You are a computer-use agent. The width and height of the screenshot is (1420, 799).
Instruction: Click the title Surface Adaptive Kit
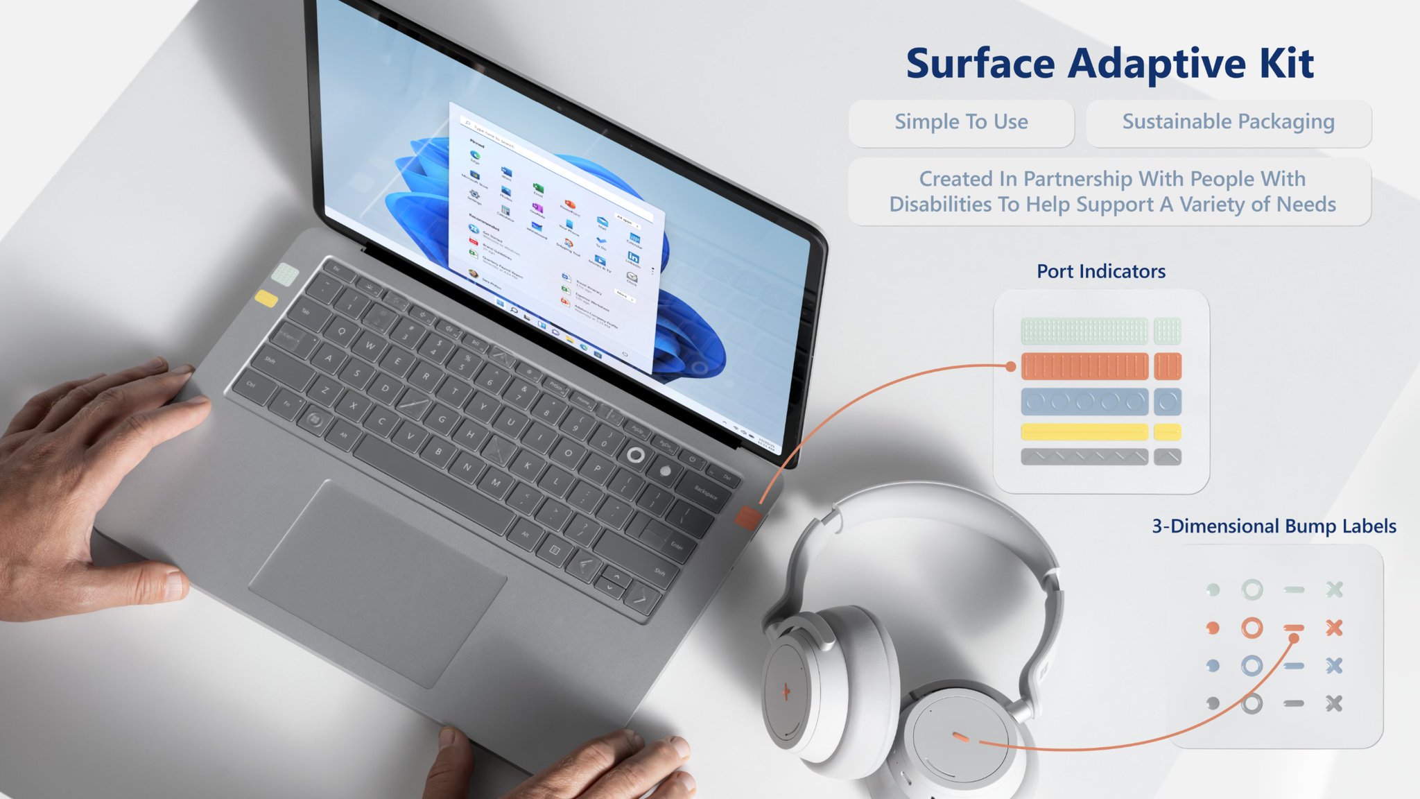[1109, 64]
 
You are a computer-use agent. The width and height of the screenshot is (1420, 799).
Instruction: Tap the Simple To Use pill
[961, 122]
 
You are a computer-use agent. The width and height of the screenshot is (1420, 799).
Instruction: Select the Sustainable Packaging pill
[1228, 122]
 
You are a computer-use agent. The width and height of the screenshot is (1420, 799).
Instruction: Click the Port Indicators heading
[1101, 271]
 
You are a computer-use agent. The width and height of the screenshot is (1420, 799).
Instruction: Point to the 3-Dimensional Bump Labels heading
[1274, 526]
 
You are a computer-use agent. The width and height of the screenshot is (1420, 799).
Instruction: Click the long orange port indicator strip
[1084, 366]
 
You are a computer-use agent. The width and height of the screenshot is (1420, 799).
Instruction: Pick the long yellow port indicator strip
[1084, 432]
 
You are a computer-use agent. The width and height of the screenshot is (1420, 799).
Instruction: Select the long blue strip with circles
[1084, 402]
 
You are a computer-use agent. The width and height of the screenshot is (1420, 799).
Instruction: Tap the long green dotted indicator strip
[1084, 331]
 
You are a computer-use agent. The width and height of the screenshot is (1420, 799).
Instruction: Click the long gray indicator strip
[1084, 457]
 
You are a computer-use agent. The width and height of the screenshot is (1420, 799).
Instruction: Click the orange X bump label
[1334, 628]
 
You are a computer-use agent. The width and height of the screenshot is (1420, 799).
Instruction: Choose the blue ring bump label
[1252, 666]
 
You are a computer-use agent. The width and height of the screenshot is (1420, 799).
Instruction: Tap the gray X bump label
[1334, 704]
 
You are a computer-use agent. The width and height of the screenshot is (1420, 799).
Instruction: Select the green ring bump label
[1252, 590]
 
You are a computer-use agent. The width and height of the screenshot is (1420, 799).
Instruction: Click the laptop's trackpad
[378, 583]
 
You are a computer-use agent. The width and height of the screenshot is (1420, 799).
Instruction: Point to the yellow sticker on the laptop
[266, 299]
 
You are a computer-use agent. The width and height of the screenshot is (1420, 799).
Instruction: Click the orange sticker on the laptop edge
[747, 517]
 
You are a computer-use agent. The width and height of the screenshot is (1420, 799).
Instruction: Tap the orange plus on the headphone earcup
[786, 691]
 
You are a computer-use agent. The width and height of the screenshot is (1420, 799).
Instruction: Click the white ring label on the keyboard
[635, 455]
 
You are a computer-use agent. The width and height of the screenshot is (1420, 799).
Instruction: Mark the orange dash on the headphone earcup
[960, 737]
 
